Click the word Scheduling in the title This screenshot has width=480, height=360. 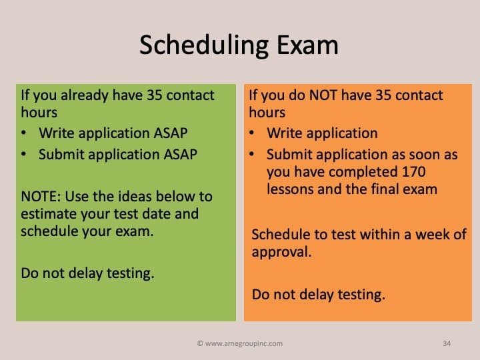coord(204,46)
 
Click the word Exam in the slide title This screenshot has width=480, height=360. coord(307,45)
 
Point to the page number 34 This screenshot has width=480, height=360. coord(447,343)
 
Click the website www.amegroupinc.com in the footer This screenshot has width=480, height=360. coord(244,343)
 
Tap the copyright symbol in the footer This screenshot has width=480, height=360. coord(200,343)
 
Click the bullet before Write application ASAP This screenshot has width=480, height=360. coord(24,133)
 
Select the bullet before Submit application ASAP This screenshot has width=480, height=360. coord(24,154)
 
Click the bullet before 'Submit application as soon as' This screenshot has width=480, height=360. coord(251,154)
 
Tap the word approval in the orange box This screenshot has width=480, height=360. coord(280,253)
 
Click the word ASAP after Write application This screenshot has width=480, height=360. coord(171,133)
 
